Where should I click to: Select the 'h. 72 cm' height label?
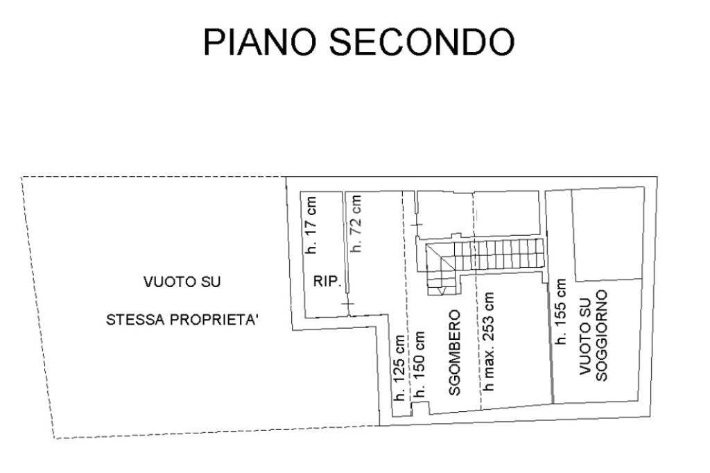coord(356,223)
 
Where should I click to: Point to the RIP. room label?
coord(326,281)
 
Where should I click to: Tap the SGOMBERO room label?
coord(455,352)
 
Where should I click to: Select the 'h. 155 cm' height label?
coord(561,312)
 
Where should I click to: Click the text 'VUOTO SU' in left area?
coord(182,282)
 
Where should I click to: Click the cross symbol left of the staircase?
coord(416,225)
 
